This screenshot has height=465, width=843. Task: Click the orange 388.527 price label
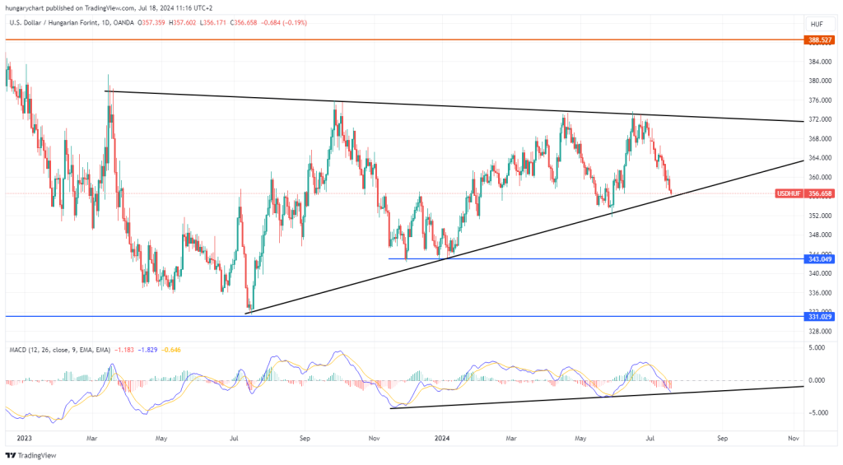[821, 40]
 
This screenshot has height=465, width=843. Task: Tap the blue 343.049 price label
[821, 259]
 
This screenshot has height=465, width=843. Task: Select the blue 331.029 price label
[821, 316]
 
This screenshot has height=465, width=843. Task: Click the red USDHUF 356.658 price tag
[808, 193]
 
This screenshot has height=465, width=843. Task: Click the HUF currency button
[817, 24]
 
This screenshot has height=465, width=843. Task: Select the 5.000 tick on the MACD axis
[818, 348]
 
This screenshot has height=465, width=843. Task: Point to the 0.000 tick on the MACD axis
[818, 380]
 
